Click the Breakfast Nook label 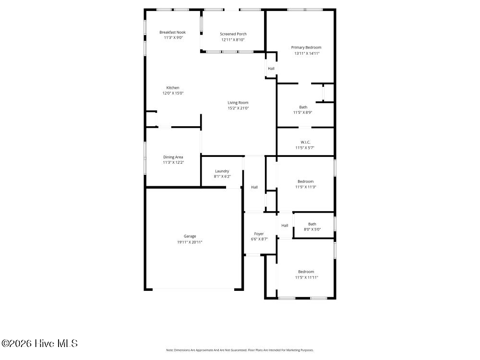pyautogui.click(x=172, y=32)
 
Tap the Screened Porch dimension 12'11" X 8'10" pyautogui.click(x=233, y=40)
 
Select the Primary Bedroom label pyautogui.click(x=306, y=48)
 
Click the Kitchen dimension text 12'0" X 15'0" pyautogui.click(x=173, y=93)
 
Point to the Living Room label pyautogui.click(x=238, y=103)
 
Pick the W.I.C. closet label pyautogui.click(x=305, y=142)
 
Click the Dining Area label pyautogui.click(x=173, y=157)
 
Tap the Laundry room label pyautogui.click(x=222, y=171)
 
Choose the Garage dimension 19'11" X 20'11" pyautogui.click(x=190, y=242)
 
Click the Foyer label pyautogui.click(x=259, y=234)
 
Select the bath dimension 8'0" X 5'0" pyautogui.click(x=312, y=229)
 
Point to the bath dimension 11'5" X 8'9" pyautogui.click(x=303, y=112)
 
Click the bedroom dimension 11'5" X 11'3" pyautogui.click(x=305, y=187)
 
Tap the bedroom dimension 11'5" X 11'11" pyautogui.click(x=306, y=277)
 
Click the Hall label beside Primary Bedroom pyautogui.click(x=271, y=69)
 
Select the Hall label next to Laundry pyautogui.click(x=254, y=187)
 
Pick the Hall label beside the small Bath pyautogui.click(x=285, y=225)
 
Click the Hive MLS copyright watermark pyautogui.click(x=39, y=343)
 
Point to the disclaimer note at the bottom pyautogui.click(x=240, y=350)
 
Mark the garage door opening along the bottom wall pyautogui.click(x=193, y=288)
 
